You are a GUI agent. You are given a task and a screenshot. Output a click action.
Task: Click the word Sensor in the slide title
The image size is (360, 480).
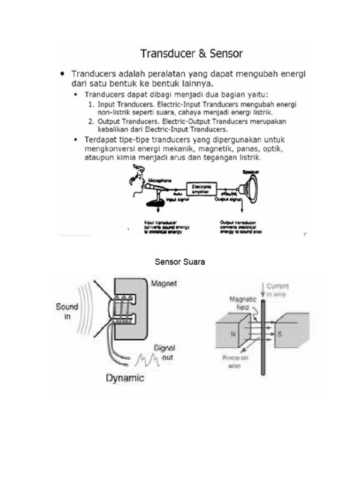pos(226,53)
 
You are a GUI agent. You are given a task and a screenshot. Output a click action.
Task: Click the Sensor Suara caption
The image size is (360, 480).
pos(180,262)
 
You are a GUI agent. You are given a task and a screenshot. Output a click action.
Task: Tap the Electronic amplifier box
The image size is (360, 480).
pos(202,189)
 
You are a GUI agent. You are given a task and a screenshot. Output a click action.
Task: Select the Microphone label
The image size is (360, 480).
pos(160,180)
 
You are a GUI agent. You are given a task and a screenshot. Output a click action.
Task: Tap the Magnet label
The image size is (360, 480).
pos(164,284)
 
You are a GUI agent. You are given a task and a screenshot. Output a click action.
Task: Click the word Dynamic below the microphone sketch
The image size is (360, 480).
pos(125,378)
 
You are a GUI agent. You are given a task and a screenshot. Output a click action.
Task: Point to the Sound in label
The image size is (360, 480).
pos(67,311)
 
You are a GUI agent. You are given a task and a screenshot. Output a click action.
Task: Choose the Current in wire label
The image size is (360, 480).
pos(278,289)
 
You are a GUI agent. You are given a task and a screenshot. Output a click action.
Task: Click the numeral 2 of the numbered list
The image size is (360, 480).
pos(91,121)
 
